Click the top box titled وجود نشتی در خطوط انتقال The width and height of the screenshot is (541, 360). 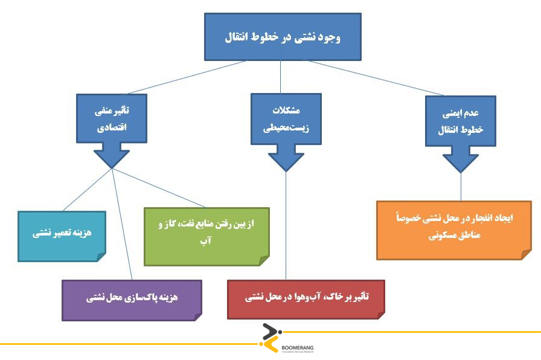pyautogui.click(x=283, y=37)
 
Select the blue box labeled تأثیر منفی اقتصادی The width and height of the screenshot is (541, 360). pyautogui.click(x=112, y=118)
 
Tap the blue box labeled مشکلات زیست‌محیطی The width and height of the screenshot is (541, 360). pyautogui.click(x=286, y=119)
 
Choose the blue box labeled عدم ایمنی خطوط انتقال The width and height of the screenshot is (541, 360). pyautogui.click(x=461, y=121)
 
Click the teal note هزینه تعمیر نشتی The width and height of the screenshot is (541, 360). pyautogui.click(x=62, y=236)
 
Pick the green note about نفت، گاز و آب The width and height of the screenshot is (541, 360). pyautogui.click(x=206, y=237)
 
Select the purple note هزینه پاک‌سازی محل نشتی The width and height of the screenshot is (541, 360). pyautogui.click(x=132, y=300)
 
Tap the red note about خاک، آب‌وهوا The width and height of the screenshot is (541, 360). pyautogui.click(x=306, y=299)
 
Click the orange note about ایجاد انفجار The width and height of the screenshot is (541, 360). pyautogui.click(x=454, y=230)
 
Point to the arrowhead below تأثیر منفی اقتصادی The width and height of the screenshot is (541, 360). pyautogui.click(x=112, y=159)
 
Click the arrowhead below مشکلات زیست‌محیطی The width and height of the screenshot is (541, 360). pyautogui.click(x=286, y=161)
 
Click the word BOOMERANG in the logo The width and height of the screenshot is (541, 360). pyautogui.click(x=298, y=348)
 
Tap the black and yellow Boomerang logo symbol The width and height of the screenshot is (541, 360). pyautogui.click(x=271, y=338)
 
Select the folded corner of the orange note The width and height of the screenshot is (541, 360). pyautogui.click(x=527, y=255)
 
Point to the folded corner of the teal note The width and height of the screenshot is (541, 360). pyautogui.click(x=101, y=257)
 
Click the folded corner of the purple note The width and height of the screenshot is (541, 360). pyautogui.click(x=198, y=317)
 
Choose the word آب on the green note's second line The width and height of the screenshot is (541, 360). pyautogui.click(x=206, y=240)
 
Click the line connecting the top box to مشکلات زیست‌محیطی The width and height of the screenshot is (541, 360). pyautogui.click(x=281, y=77)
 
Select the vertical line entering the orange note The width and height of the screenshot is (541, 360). pyautogui.click(x=461, y=187)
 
